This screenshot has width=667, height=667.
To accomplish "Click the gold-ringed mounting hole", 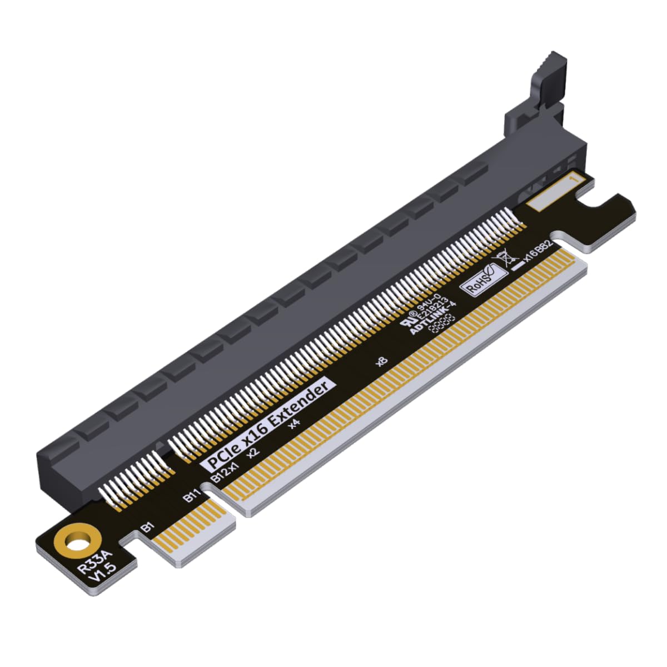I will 77,540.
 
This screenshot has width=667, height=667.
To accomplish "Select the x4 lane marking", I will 295,424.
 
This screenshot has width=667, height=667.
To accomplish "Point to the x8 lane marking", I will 381,362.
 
